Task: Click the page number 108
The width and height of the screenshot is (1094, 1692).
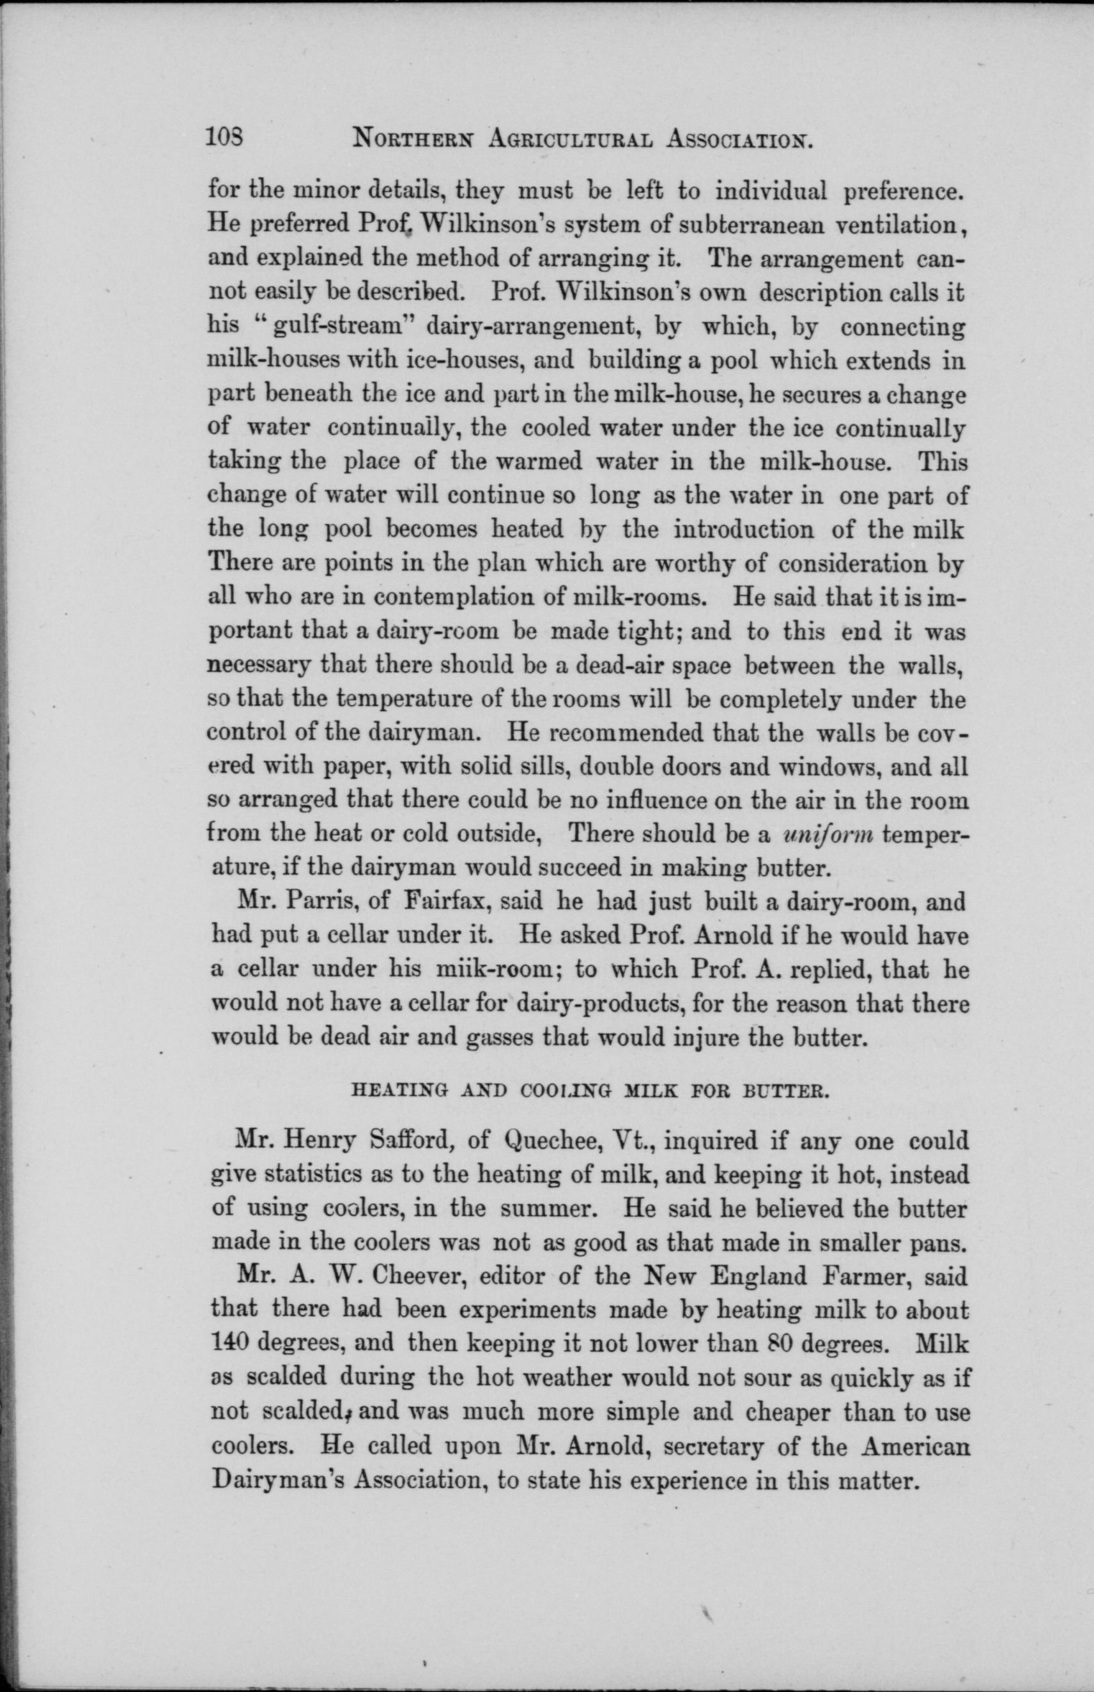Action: [x=224, y=135]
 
